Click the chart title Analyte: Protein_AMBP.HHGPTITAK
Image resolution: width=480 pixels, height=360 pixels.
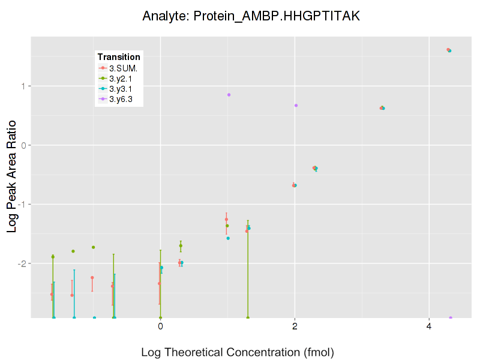point(251,16)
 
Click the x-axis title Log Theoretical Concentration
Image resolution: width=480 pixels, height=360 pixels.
point(237,352)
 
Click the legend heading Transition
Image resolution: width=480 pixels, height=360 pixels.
point(119,57)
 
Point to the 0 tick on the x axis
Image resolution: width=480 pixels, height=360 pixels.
point(160,326)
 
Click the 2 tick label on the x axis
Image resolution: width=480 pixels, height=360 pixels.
point(295,326)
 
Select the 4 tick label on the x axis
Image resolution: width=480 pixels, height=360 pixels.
point(429,326)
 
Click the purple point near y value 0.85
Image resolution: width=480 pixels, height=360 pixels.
point(229,95)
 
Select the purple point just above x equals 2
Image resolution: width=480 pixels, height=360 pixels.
point(296,106)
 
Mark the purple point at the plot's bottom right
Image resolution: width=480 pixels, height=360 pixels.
point(451,318)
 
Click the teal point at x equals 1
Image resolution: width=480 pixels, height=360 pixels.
point(228,238)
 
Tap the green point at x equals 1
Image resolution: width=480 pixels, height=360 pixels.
point(227,226)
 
